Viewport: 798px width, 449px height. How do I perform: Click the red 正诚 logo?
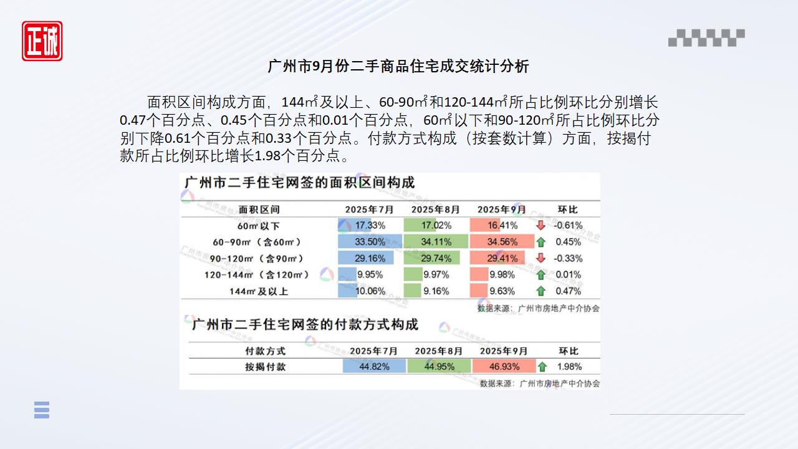(42, 41)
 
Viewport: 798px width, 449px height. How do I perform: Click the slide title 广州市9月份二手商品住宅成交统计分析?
(398, 66)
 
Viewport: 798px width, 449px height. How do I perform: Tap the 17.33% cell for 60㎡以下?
(370, 225)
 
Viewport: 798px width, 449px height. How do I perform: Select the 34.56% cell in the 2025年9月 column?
(502, 242)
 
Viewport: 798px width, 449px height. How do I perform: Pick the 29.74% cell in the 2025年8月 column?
(436, 258)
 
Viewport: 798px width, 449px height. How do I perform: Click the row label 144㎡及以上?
(259, 291)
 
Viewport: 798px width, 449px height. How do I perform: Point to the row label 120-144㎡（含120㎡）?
(257, 275)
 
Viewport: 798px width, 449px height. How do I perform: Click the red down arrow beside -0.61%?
(541, 225)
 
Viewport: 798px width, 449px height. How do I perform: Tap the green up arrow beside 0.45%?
(541, 242)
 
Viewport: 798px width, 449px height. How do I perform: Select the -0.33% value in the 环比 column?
(568, 258)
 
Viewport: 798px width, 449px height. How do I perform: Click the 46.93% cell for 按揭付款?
(504, 367)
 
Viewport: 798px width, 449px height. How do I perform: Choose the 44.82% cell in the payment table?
(374, 367)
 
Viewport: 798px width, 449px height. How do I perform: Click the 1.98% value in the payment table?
(569, 367)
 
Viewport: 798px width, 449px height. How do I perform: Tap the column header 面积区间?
(259, 210)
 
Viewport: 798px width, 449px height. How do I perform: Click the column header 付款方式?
(265, 351)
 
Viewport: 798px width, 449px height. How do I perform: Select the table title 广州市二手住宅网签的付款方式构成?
(305, 325)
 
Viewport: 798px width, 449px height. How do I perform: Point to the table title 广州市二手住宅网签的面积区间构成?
(300, 183)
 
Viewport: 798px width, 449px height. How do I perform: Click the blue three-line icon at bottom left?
(42, 410)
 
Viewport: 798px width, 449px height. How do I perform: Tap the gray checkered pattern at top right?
(706, 38)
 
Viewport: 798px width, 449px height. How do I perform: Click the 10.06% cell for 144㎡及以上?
(370, 291)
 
